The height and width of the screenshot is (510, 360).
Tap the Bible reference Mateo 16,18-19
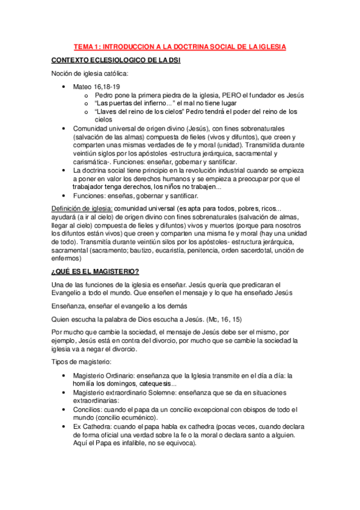pyautogui.click(x=95, y=87)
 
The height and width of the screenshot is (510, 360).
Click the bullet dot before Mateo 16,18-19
pyautogui.click(x=65, y=87)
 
